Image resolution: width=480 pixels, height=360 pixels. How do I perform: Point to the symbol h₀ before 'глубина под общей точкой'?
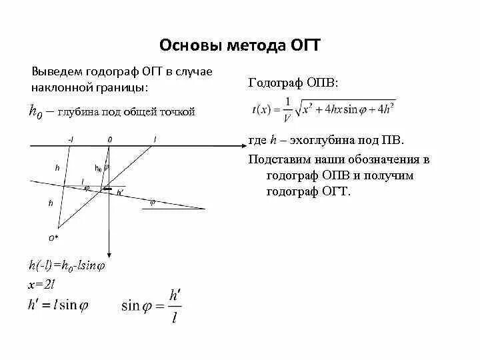pos(35,111)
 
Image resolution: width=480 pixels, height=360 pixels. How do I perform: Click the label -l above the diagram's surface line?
pos(71,139)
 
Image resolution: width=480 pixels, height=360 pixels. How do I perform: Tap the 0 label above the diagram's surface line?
pos(109,139)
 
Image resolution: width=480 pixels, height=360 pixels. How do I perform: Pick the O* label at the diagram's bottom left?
pos(53,237)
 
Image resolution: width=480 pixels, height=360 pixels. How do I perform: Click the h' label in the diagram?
pos(120,193)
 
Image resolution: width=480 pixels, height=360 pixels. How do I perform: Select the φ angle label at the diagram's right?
pos(152,203)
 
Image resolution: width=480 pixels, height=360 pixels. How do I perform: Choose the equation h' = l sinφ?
pos(58,304)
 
